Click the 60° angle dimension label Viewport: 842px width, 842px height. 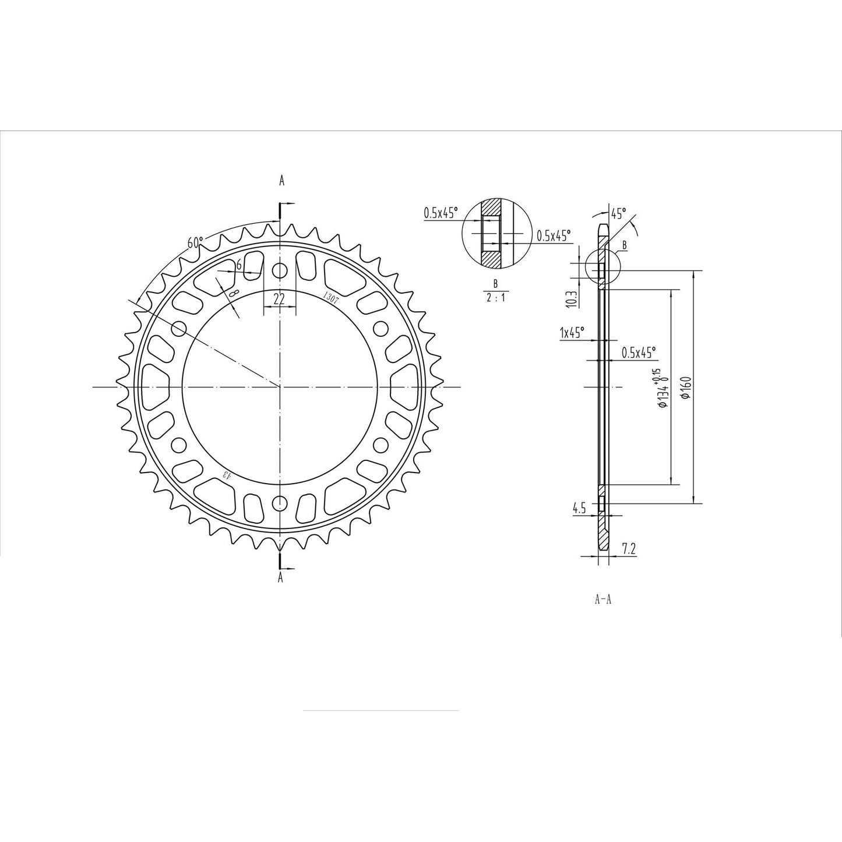point(195,242)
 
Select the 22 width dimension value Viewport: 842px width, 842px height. point(280,299)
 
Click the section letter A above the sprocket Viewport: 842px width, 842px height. point(281,181)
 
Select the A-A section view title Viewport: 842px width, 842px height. point(603,600)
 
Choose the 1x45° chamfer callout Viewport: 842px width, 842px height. point(572,333)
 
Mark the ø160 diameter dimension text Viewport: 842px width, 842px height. point(685,387)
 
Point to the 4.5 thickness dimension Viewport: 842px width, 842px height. point(579,509)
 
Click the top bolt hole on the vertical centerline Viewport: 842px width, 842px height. point(280,271)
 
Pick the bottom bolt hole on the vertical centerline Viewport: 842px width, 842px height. point(280,503)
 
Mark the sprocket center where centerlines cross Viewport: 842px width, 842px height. point(280,387)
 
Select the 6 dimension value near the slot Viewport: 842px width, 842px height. point(238,265)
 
